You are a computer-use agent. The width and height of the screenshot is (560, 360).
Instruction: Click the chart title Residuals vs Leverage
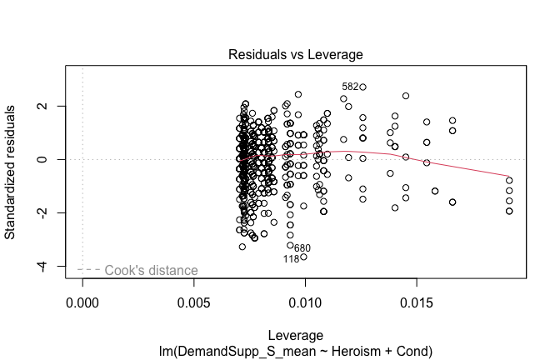pyautogui.click(x=296, y=55)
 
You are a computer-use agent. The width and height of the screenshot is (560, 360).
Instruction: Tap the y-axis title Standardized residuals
pyautogui.click(x=12, y=172)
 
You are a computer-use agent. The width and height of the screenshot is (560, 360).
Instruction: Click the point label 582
pyautogui.click(x=349, y=87)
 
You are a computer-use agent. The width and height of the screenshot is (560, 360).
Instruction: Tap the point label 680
pyautogui.click(x=302, y=248)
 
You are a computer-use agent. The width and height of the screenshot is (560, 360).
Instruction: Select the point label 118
pyautogui.click(x=291, y=259)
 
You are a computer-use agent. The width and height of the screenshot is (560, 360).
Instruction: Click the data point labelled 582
pyautogui.click(x=362, y=87)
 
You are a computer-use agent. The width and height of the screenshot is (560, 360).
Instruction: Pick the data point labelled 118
pyautogui.click(x=303, y=257)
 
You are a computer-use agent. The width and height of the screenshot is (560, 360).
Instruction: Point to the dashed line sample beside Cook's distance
pyautogui.click(x=89, y=270)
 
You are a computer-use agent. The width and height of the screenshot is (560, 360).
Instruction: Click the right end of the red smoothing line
pyautogui.click(x=509, y=177)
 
